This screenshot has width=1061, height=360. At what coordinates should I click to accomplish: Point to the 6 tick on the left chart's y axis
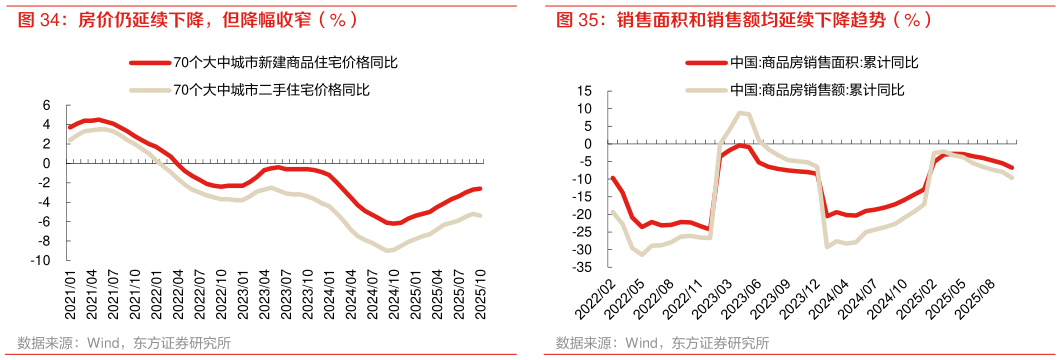tap(46, 105)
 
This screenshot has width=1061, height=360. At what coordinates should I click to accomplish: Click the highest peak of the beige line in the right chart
tap(741, 113)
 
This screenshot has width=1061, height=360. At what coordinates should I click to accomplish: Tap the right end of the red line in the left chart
tap(480, 188)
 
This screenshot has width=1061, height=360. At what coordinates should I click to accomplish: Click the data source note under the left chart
tap(125, 343)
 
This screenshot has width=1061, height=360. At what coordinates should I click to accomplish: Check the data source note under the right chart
tap(663, 343)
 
